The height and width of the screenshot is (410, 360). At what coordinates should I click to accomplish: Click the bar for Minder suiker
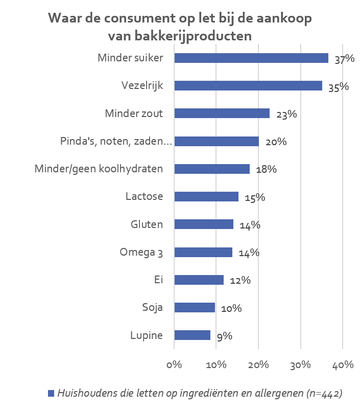click(251, 58)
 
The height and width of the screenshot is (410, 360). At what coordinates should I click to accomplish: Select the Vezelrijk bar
click(248, 86)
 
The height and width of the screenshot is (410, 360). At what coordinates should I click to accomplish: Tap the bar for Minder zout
click(222, 113)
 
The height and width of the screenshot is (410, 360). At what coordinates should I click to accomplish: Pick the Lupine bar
click(192, 335)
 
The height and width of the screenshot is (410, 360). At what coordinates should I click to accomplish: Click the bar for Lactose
click(206, 197)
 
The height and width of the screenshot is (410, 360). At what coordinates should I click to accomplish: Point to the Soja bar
click(195, 307)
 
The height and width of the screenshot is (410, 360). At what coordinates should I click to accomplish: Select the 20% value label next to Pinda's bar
click(276, 142)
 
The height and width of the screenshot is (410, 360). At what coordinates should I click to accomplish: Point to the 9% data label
click(224, 336)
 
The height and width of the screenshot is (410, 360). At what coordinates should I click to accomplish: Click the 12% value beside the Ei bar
click(239, 281)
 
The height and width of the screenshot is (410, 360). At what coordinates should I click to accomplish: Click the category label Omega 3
click(141, 252)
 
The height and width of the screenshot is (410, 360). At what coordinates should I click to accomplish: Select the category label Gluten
click(147, 224)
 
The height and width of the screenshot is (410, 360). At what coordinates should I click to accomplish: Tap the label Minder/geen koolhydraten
click(99, 169)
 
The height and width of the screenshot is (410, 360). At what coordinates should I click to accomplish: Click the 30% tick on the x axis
click(300, 365)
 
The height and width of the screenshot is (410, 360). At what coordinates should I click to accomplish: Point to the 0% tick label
click(174, 365)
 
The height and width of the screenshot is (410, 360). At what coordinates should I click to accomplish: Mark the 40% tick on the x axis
click(342, 365)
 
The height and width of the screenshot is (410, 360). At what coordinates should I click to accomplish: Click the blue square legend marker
click(51, 393)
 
